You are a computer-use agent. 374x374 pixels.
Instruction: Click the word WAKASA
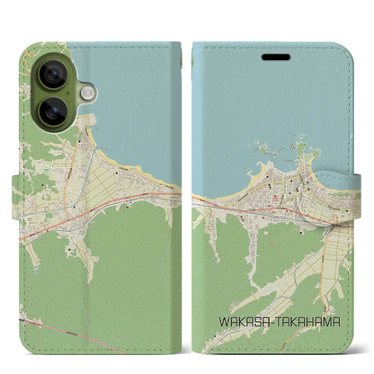pyautogui.click(x=240, y=320)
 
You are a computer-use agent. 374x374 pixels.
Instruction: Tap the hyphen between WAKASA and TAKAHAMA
pyautogui.click(x=268, y=320)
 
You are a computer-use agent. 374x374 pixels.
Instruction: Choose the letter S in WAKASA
pyautogui.click(x=253, y=320)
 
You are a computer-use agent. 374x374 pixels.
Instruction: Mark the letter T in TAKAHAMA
pyautogui.click(x=274, y=320)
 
